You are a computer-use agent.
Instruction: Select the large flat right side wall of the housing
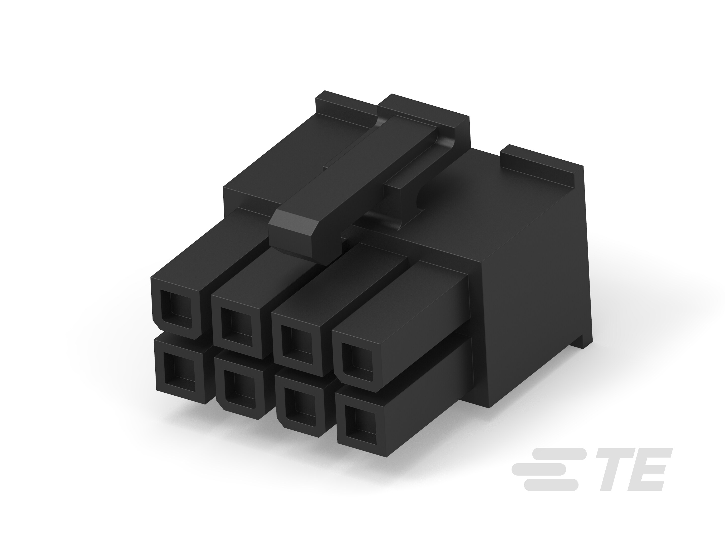coord(537,295)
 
